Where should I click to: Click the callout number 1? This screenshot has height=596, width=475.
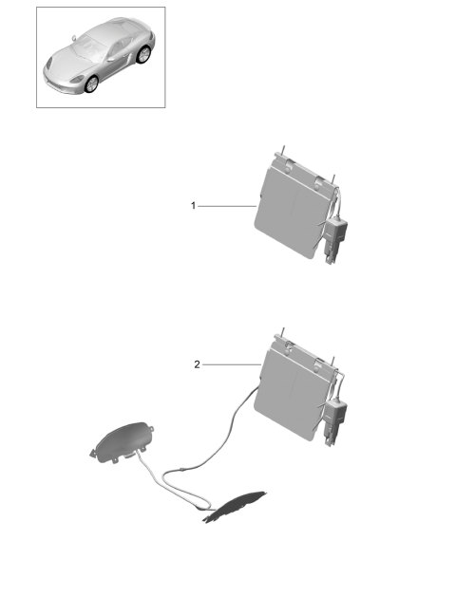[x=193, y=206]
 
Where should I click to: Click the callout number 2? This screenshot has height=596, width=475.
[x=197, y=364]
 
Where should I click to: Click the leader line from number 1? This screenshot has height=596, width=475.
[x=227, y=206]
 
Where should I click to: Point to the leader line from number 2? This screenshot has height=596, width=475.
[x=232, y=364]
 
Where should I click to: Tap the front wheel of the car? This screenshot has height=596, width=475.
[x=92, y=84]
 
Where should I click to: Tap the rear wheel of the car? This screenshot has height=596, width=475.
[x=143, y=54]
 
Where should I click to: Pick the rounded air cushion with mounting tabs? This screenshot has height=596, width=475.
[x=122, y=442]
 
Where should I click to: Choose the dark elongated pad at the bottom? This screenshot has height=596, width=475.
[x=234, y=506]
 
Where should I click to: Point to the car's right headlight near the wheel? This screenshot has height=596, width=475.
[x=78, y=79]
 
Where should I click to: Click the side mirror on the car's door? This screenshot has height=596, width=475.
[x=111, y=59]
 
